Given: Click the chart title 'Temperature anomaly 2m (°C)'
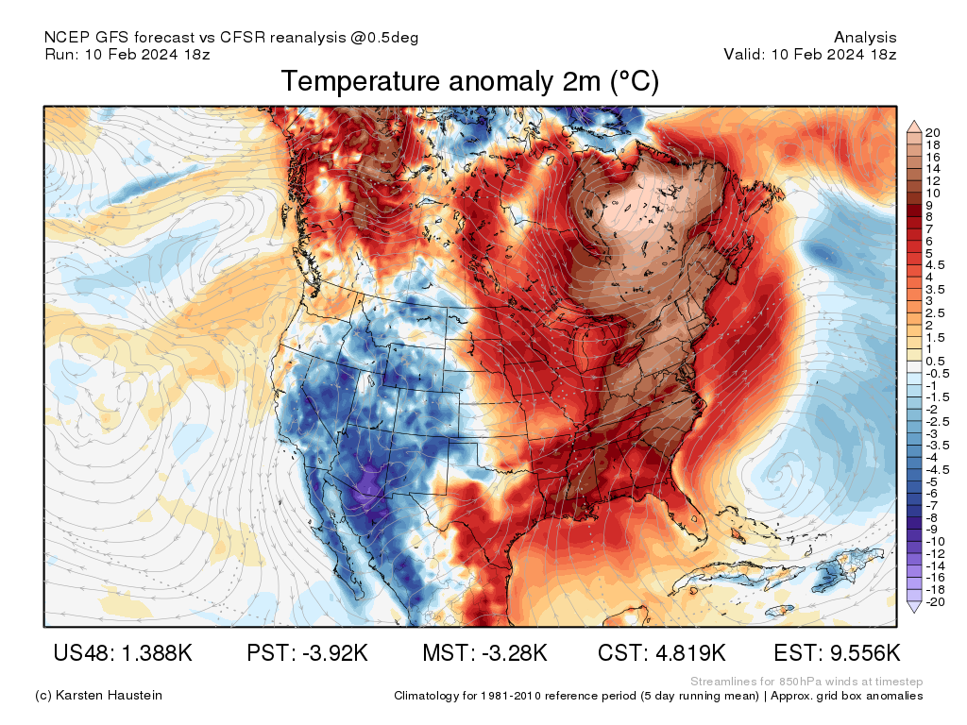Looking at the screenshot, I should pyautogui.click(x=469, y=82).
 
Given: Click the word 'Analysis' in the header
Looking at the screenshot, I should pyautogui.click(x=865, y=38).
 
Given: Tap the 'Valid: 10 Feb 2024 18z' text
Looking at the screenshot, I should pyautogui.click(x=809, y=54).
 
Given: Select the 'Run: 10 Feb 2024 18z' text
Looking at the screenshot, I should pyautogui.click(x=127, y=54).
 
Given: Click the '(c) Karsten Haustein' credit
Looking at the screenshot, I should pyautogui.click(x=98, y=695).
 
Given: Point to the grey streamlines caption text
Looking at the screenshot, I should pyautogui.click(x=806, y=681).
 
